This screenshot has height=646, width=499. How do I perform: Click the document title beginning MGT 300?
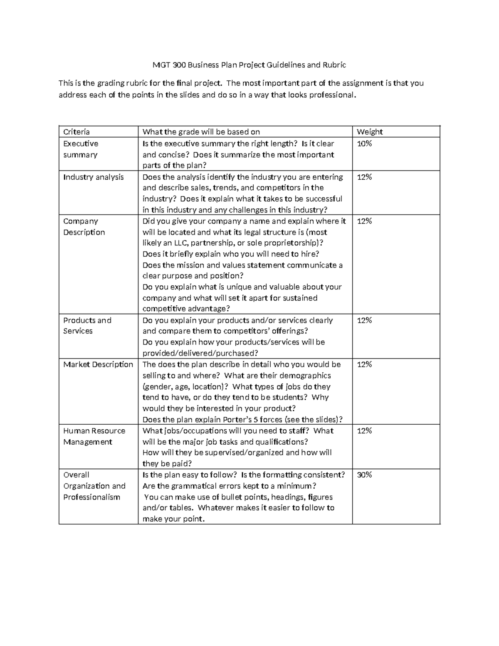pos(249,65)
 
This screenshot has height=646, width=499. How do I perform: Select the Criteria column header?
pos(76,132)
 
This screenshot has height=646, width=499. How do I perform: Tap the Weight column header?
pos(370,132)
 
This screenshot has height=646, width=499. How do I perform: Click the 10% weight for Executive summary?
pos(364,144)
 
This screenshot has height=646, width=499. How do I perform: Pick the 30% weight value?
pos(364,475)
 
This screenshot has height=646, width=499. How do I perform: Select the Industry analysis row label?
pos(93,177)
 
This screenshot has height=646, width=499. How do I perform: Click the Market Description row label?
pos(98,364)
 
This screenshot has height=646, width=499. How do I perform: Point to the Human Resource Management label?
pos(94,436)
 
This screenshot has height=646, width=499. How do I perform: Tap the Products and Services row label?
pos(87,326)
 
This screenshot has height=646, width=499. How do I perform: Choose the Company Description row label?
pos(84,227)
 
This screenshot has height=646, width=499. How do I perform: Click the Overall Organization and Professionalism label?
pos(94,486)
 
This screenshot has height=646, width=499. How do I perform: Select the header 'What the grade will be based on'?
pos(201,132)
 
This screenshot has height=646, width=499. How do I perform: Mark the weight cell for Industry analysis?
pos(364,177)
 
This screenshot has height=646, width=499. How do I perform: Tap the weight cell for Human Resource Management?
pos(364,431)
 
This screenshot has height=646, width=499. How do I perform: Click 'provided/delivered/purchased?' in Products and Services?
pos(200,353)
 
